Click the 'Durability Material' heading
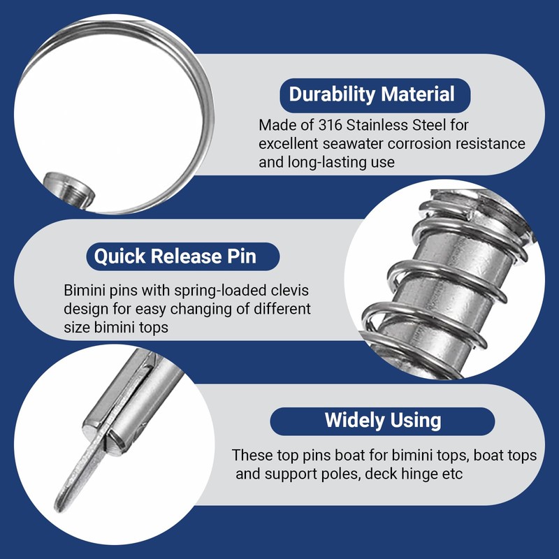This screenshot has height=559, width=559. tap(372, 94)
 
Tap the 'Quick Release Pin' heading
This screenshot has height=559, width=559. tap(175, 256)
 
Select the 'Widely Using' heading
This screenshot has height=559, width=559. tap(383, 420)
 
